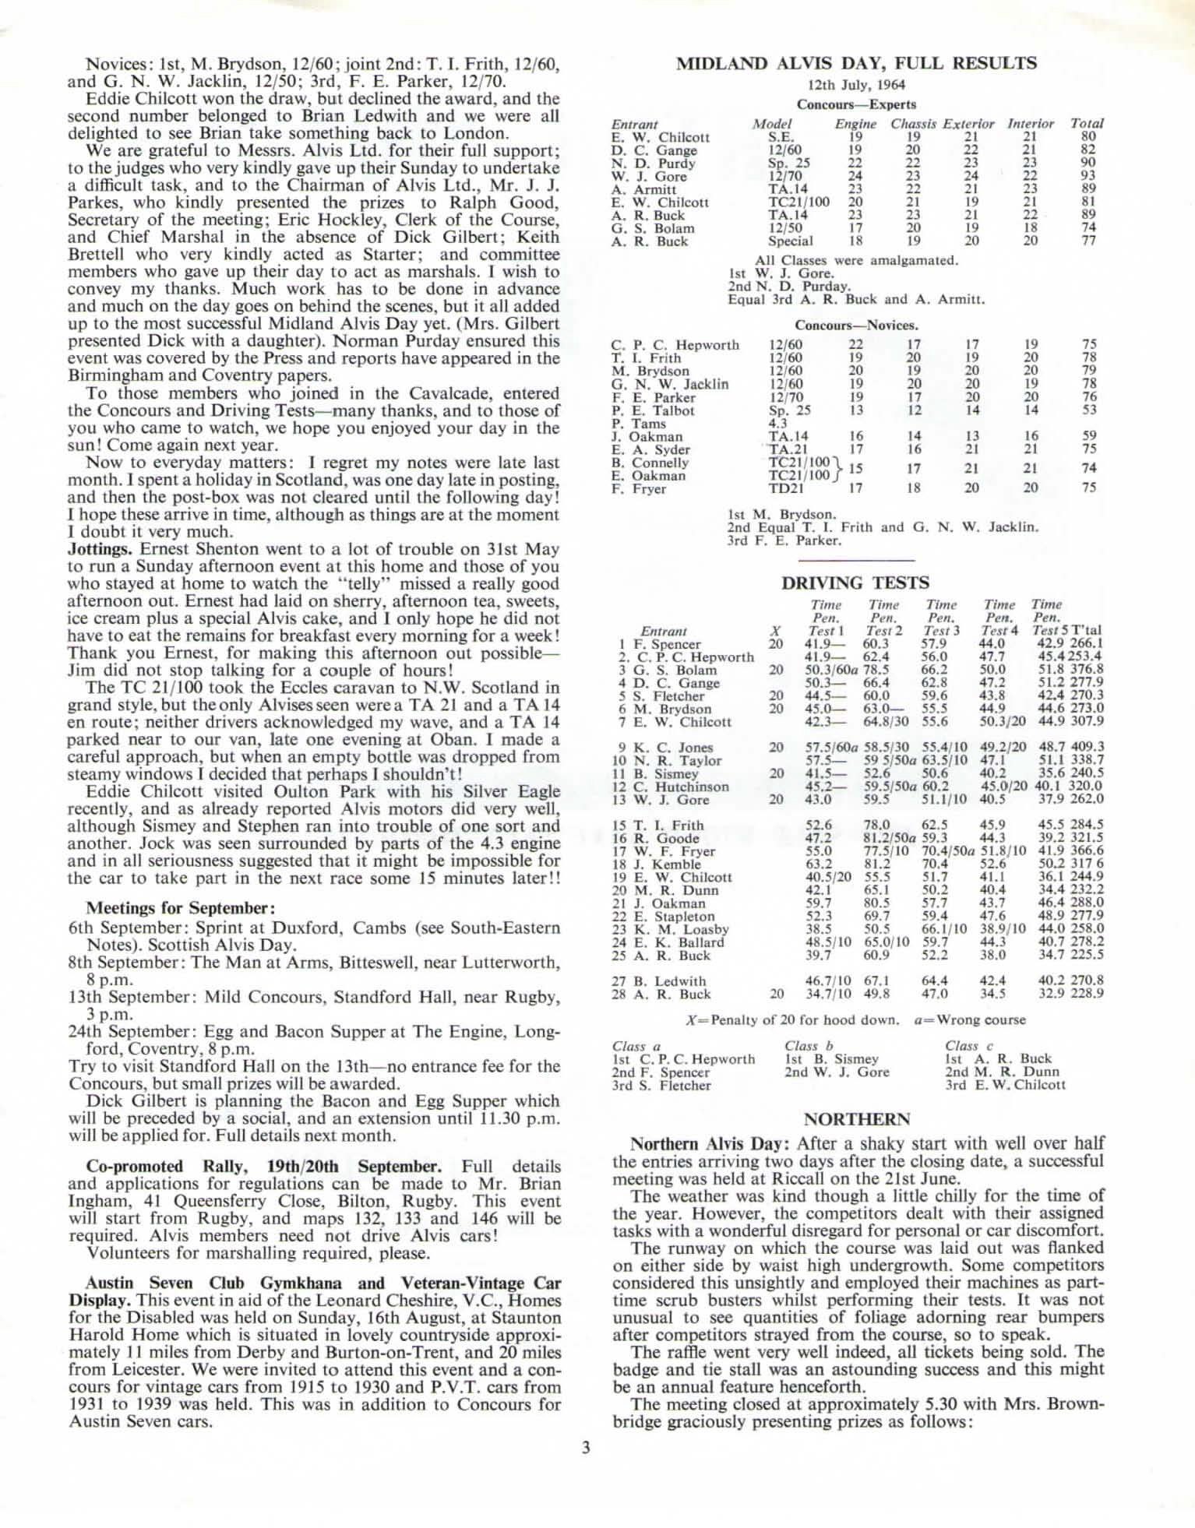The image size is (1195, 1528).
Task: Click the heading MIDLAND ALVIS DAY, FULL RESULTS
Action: [x=855, y=64]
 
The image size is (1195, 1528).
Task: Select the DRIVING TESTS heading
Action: [x=855, y=583]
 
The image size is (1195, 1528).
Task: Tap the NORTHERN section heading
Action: [x=856, y=1120]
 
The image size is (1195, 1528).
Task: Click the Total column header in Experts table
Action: [x=1087, y=124]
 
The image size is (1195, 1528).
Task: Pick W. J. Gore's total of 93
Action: [x=1088, y=177]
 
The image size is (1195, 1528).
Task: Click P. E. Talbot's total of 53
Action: [x=1089, y=410]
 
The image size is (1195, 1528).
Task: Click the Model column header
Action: [x=771, y=124]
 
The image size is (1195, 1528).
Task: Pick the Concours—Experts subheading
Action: [x=856, y=104]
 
